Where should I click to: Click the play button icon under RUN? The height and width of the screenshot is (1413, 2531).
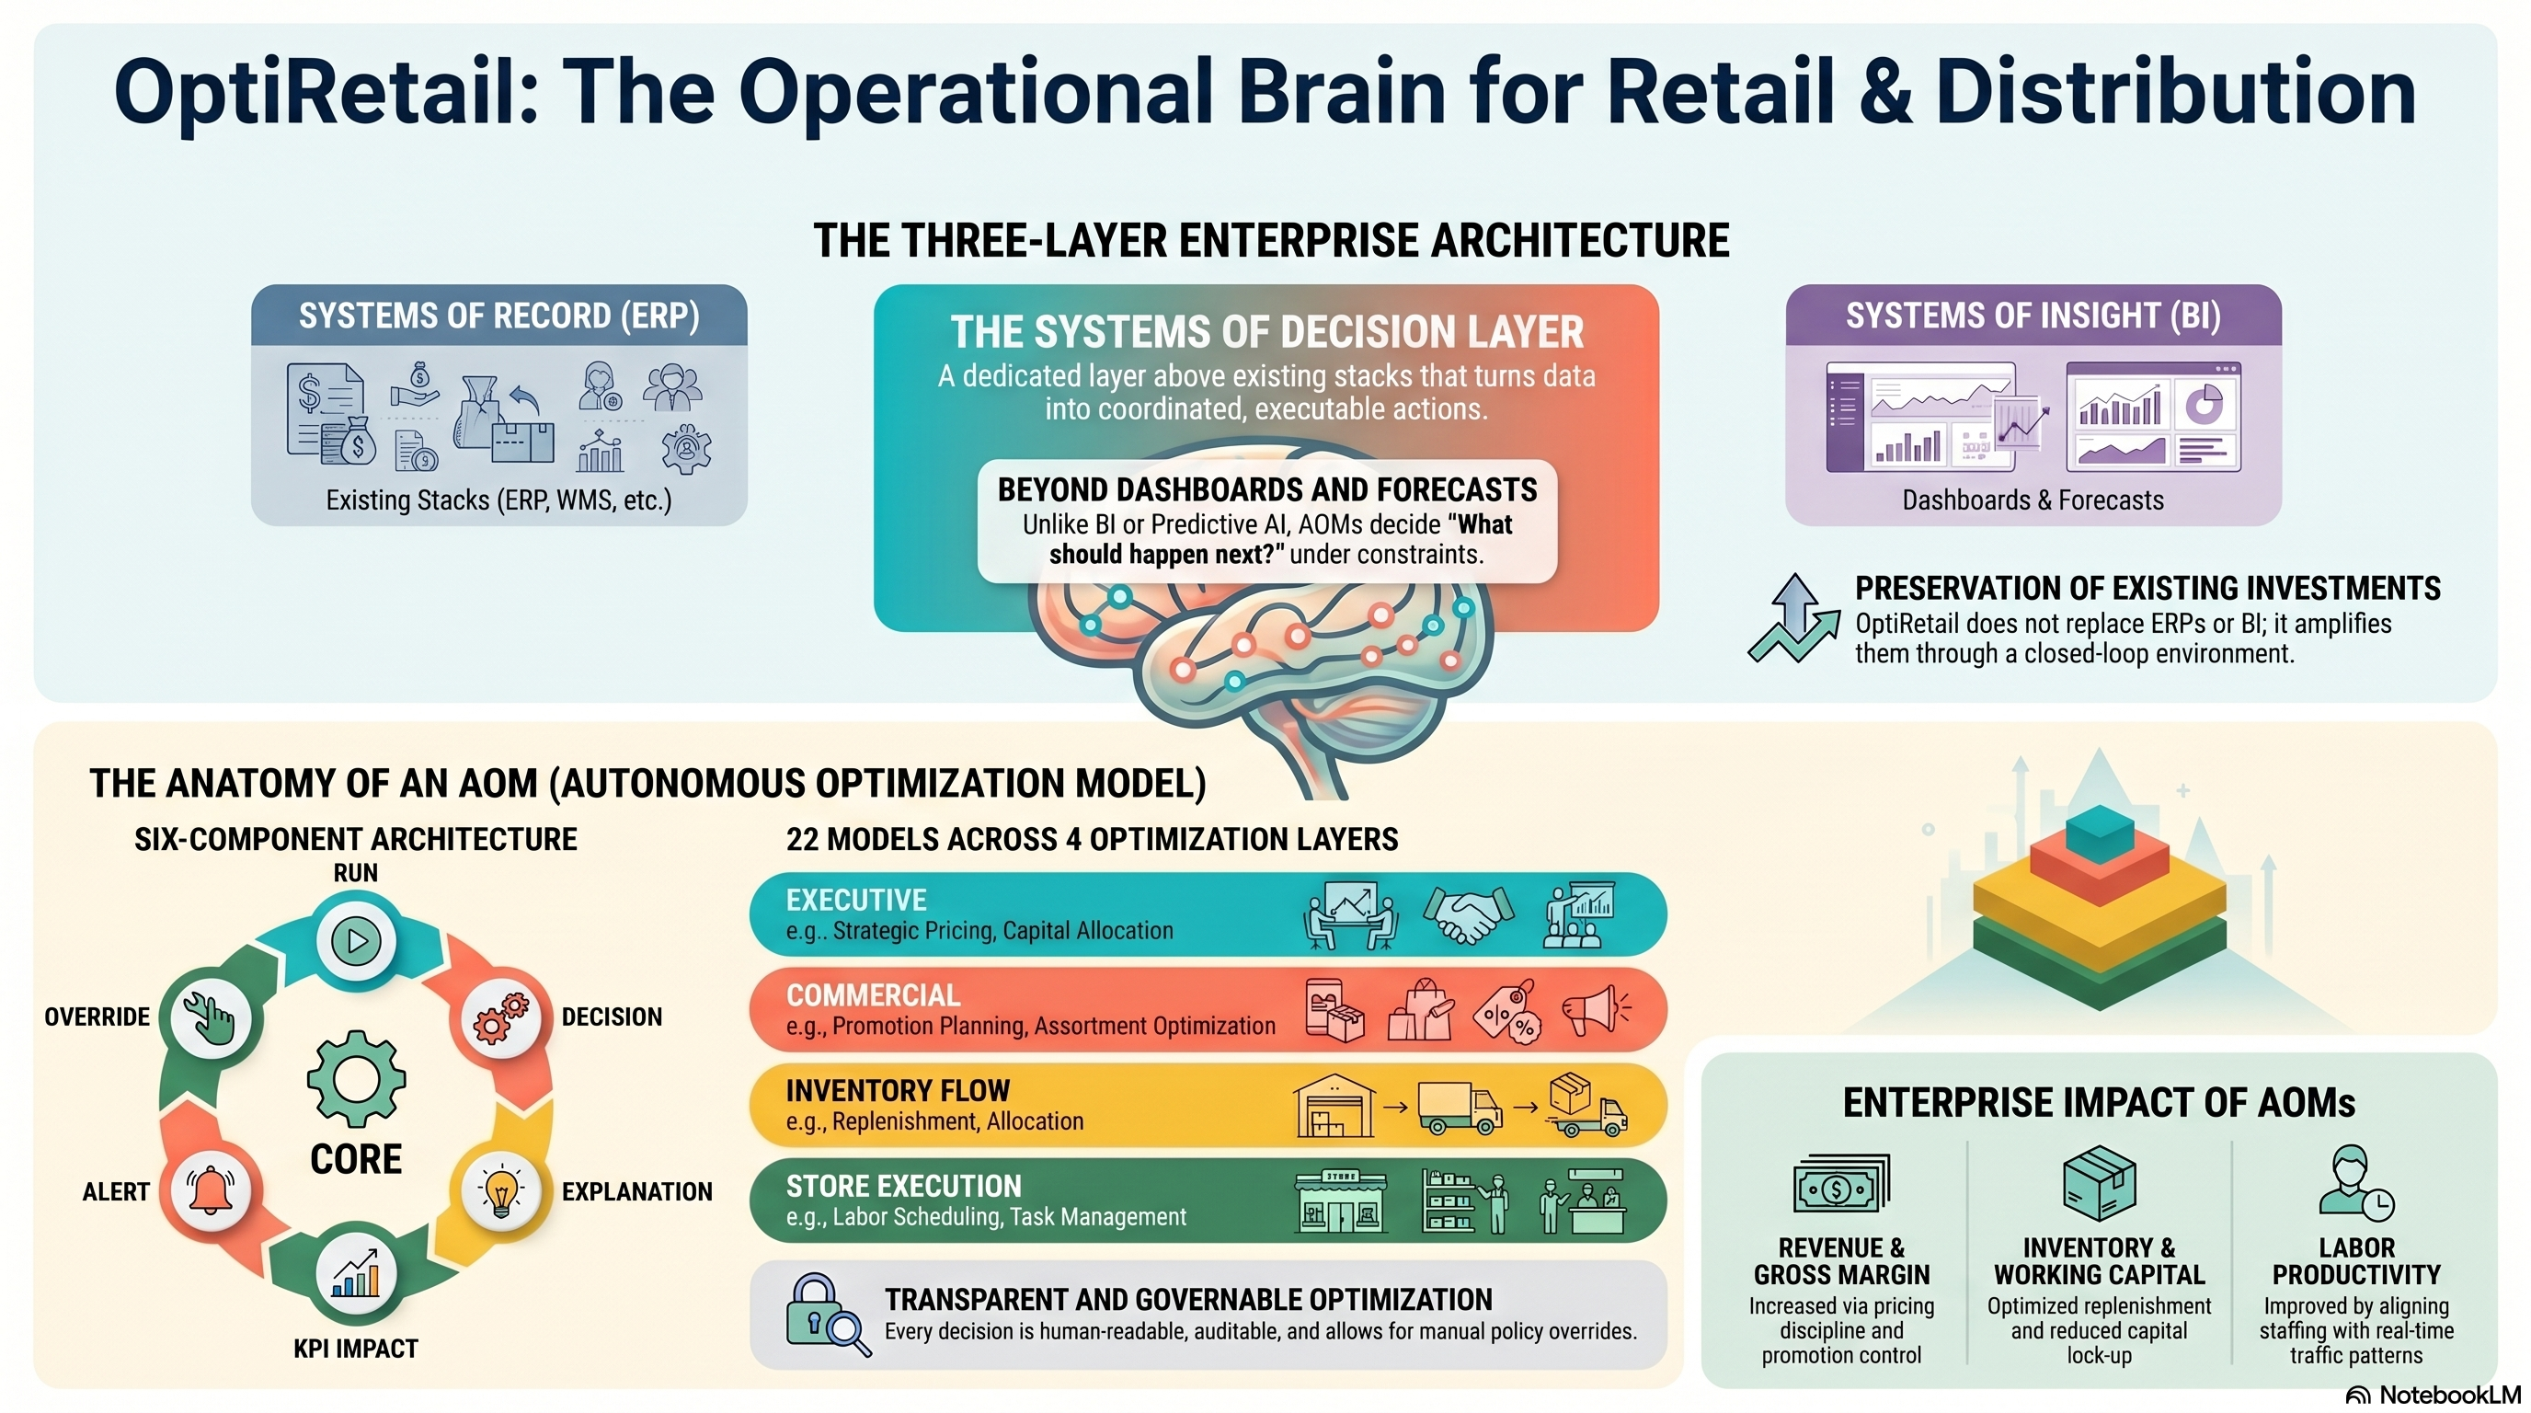pos(356,940)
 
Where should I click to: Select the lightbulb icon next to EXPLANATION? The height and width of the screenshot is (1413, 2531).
pos(501,1190)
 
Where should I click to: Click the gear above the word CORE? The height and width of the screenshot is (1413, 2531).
pos(356,1078)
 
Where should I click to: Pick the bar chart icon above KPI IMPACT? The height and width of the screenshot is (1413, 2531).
pos(356,1273)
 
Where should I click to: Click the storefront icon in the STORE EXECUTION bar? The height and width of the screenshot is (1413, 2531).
pos(1341,1200)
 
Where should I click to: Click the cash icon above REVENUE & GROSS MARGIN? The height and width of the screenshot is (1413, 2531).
pos(1840,1184)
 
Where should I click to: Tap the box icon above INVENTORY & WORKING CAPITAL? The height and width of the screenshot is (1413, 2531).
pos(2099,1182)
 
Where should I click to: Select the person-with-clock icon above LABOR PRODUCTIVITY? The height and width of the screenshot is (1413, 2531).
pos(2356,1182)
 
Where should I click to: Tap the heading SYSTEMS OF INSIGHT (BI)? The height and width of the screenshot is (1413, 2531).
pos(2033,316)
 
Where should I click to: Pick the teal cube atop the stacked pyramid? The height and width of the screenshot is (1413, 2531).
pos(2100,832)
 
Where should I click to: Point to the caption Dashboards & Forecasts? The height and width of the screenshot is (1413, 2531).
pos(2033,500)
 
